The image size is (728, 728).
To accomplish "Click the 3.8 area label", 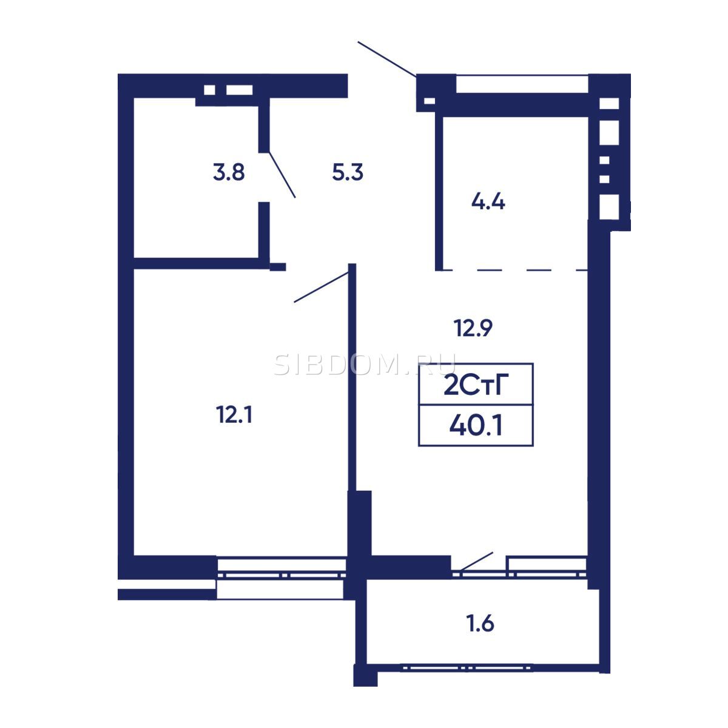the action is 229,172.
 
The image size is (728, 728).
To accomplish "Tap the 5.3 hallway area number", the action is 348,172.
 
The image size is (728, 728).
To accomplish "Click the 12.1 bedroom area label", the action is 234,414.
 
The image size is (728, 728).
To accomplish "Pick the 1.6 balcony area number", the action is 480,624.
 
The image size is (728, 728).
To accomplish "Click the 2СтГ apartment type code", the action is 476,385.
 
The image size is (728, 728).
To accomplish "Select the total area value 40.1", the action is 476,425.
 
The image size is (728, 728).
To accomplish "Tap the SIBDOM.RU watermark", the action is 365,365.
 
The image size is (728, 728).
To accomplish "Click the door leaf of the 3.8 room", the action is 282,175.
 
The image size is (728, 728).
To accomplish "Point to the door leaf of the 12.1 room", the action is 321,287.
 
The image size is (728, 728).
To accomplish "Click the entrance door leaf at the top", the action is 387,59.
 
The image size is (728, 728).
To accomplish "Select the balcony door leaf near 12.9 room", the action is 477,561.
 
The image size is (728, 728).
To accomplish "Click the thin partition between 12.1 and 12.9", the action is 352,377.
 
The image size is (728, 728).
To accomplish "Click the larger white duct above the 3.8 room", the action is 239,90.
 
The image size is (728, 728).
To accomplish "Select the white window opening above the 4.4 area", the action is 522,84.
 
